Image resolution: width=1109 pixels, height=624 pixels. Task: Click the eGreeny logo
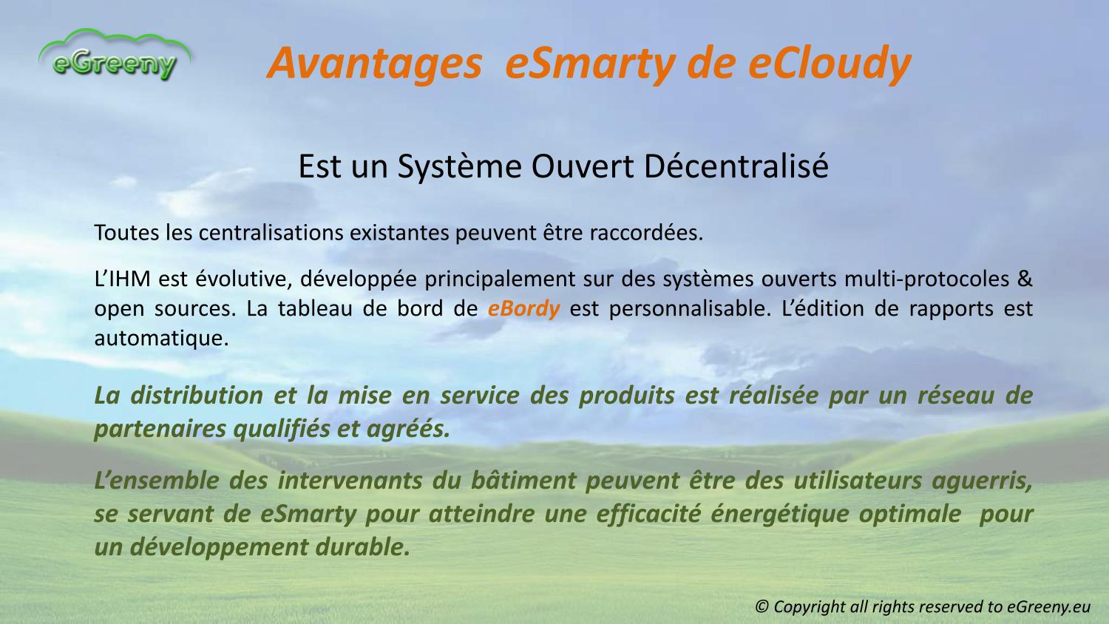[x=115, y=55]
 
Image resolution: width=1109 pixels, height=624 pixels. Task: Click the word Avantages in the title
[x=374, y=64]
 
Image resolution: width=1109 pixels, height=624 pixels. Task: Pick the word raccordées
[x=646, y=233]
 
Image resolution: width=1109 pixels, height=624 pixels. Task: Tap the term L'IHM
[x=122, y=279]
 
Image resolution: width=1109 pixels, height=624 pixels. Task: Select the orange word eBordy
[x=523, y=309]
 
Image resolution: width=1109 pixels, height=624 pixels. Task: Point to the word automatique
[x=161, y=339]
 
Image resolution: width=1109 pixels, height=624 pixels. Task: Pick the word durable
[x=363, y=547]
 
